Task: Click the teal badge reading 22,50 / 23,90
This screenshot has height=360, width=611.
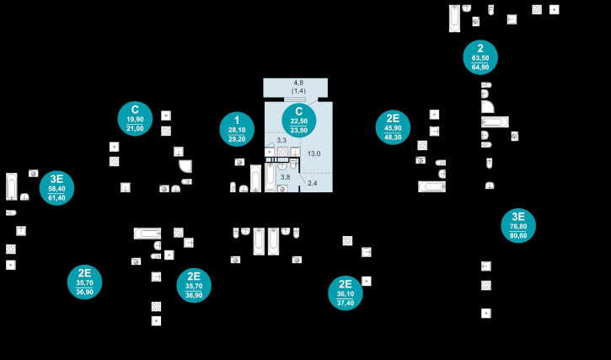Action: click(298, 121)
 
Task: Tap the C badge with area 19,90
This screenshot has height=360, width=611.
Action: click(135, 119)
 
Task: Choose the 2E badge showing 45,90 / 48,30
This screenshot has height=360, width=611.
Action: click(393, 127)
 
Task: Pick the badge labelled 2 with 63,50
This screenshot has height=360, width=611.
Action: click(480, 57)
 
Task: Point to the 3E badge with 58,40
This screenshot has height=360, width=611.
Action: click(56, 188)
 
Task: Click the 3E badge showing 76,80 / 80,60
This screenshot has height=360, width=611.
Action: click(518, 226)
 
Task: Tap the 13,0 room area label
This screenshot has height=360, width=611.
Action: click(314, 153)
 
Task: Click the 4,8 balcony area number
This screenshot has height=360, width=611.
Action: click(298, 83)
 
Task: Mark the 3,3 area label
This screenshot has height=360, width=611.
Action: click(281, 140)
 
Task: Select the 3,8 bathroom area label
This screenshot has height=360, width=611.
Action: click(285, 177)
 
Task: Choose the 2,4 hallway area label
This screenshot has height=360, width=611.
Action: click(312, 183)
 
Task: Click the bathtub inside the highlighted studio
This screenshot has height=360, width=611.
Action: click(271, 175)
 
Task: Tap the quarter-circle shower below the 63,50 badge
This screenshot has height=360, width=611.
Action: click(487, 106)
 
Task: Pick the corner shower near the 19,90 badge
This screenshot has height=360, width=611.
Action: click(185, 166)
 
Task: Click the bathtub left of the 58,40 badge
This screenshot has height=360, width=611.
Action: click(12, 185)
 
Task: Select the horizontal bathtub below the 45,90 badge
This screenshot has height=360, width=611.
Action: click(431, 186)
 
